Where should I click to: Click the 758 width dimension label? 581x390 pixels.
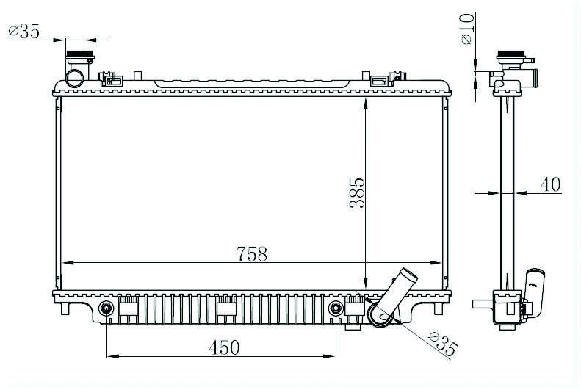tap(252, 253)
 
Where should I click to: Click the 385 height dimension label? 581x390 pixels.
tap(357, 193)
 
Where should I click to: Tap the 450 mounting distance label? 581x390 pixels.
tap(225, 347)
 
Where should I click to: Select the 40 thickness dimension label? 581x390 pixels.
tap(550, 184)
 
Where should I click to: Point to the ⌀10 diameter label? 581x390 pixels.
tap(467, 29)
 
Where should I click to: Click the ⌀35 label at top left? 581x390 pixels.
tap(24, 31)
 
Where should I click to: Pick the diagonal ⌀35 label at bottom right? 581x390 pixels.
tap(443, 344)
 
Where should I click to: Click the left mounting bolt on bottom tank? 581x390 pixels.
tap(107, 308)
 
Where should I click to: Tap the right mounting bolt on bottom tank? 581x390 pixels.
tap(336, 308)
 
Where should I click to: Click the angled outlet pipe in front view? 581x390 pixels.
tap(392, 296)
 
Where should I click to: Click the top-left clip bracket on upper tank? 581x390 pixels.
tap(110, 79)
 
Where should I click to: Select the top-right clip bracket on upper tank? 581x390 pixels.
tap(389, 79)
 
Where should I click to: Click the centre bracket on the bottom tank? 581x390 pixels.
tap(226, 306)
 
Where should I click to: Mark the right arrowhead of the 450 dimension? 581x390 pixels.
tap(330, 356)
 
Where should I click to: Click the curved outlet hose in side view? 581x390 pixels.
tap(534, 293)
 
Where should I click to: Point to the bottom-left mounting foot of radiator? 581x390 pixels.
tap(65, 308)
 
